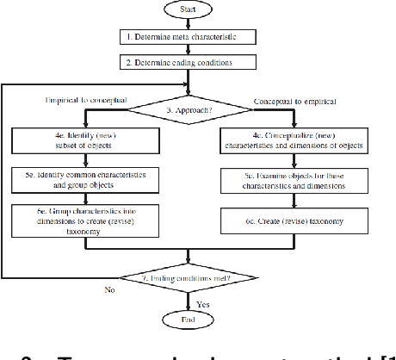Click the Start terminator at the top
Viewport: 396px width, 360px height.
(x=188, y=11)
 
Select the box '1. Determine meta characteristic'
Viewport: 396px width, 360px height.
(x=188, y=37)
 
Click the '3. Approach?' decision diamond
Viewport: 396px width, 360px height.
(x=189, y=110)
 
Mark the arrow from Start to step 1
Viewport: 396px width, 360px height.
(x=188, y=24)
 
